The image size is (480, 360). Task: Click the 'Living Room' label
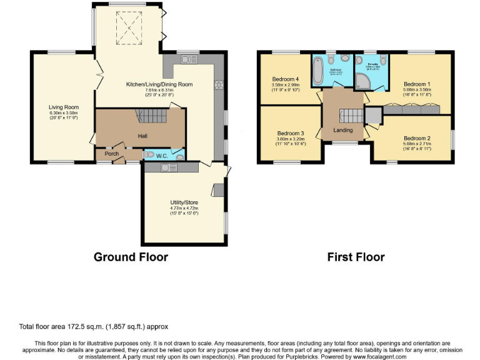tap(63, 107)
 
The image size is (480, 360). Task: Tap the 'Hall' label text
tap(142, 136)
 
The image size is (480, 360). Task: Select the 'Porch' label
tap(111, 154)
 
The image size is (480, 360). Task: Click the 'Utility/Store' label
tap(184, 202)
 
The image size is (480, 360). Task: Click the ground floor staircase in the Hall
tap(150, 116)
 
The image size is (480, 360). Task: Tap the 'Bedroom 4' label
tap(286, 79)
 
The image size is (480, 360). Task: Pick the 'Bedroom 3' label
tap(291, 133)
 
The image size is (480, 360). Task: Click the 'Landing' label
tap(343, 130)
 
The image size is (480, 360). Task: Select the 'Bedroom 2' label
tap(417, 138)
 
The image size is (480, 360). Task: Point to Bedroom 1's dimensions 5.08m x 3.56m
tap(417, 89)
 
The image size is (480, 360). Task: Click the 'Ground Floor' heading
tap(131, 256)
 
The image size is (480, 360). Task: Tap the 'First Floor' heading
tap(356, 256)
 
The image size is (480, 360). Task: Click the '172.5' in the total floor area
tap(69, 326)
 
